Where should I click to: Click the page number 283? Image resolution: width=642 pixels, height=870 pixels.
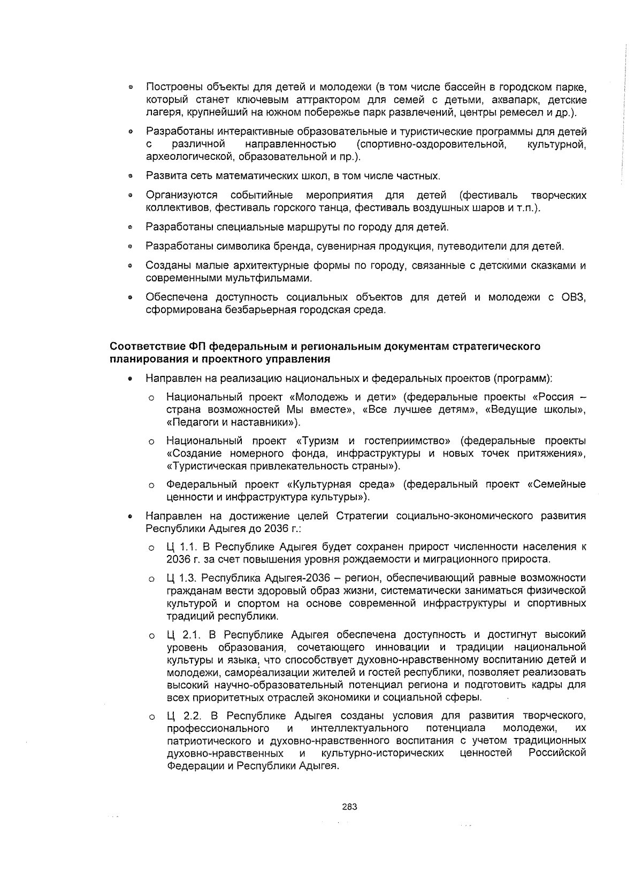(349, 807)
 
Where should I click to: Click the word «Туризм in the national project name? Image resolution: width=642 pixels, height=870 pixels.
(316, 441)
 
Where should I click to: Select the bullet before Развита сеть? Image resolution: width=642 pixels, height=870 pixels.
(130, 176)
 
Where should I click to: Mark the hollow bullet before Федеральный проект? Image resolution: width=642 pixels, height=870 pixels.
(152, 485)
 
